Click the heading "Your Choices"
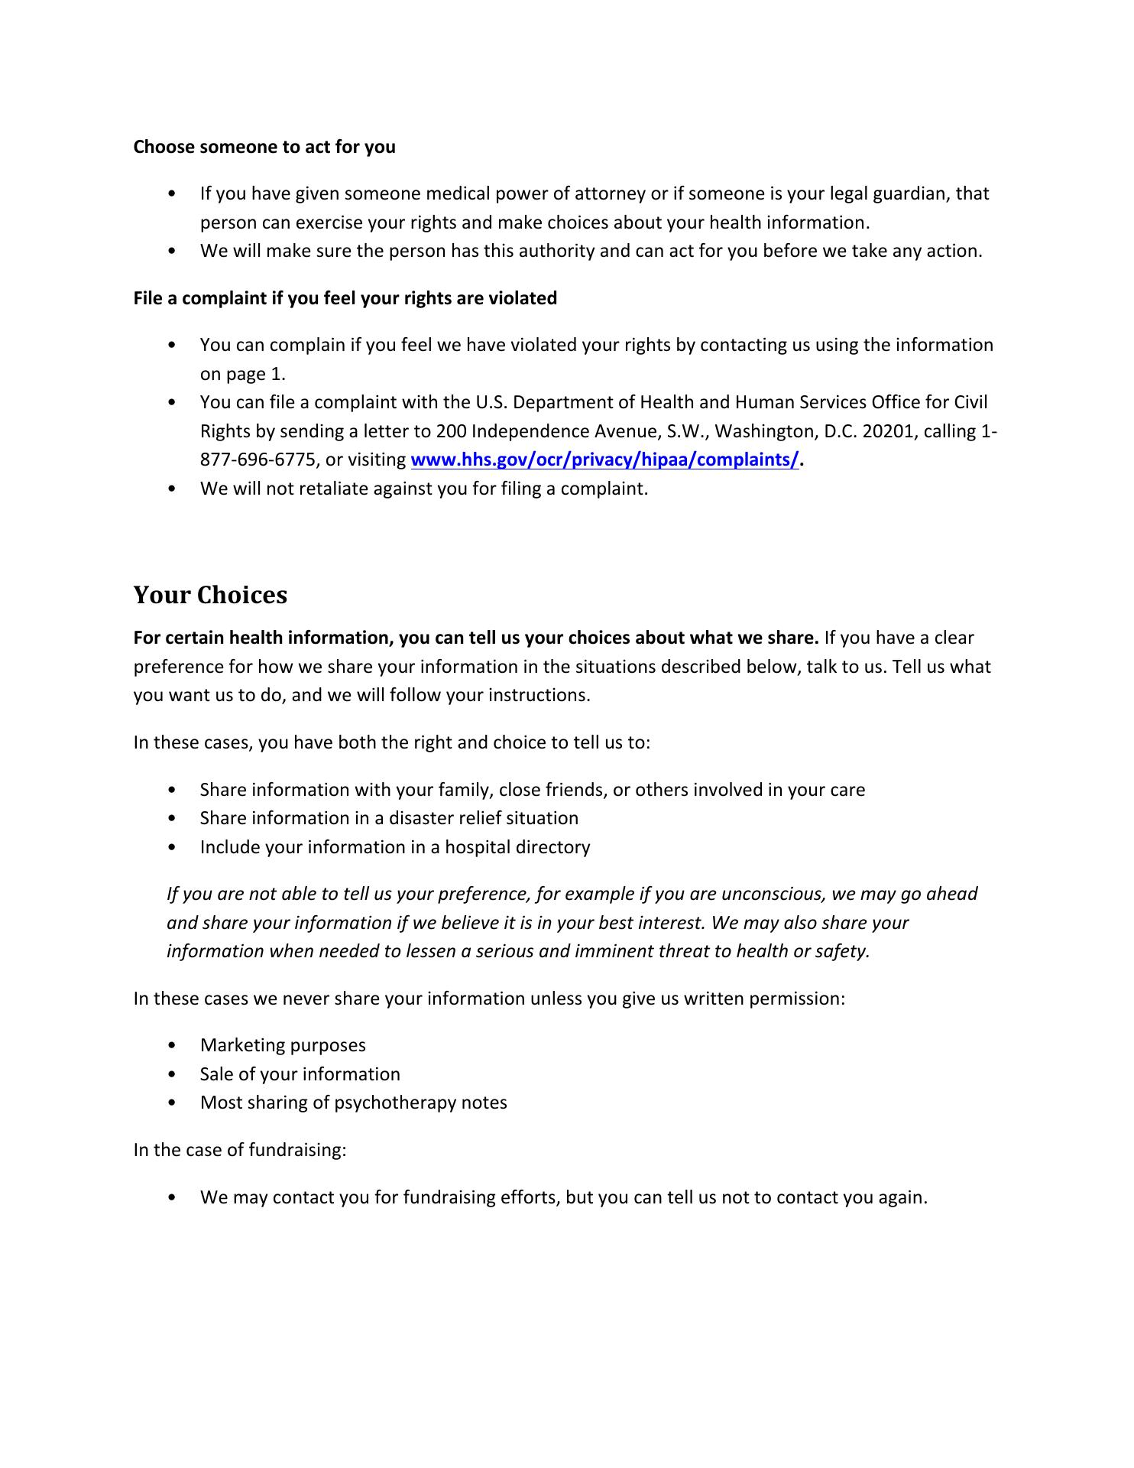(210, 595)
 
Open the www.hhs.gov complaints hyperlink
(604, 460)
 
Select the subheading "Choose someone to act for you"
(264, 146)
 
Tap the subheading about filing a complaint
(345, 298)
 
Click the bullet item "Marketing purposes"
(283, 1045)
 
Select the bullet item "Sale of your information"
(300, 1074)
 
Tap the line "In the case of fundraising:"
(240, 1150)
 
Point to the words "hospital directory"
(517, 847)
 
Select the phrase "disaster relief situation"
(484, 818)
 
